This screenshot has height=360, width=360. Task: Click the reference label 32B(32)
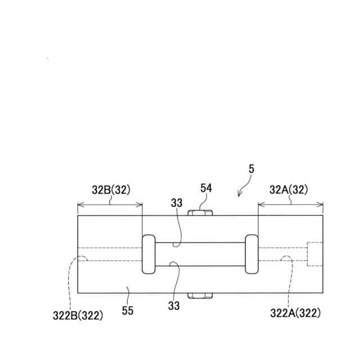pos(111,190)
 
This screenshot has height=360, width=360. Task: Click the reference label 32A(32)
pos(289,190)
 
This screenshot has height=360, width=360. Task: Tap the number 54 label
pos(206,188)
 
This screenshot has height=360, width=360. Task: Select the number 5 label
pos(251,169)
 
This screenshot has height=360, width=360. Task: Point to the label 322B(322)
pos(78,316)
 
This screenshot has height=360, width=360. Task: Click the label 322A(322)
pos(295,313)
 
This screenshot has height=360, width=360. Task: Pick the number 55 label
pos(128,311)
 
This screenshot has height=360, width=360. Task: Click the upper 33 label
pos(177,203)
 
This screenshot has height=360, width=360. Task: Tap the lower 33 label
pos(174,305)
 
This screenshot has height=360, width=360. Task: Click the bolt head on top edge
pos(200,213)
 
